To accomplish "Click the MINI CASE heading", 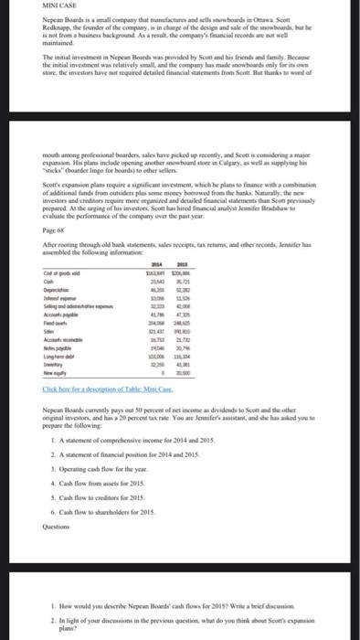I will [x=21, y=7].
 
